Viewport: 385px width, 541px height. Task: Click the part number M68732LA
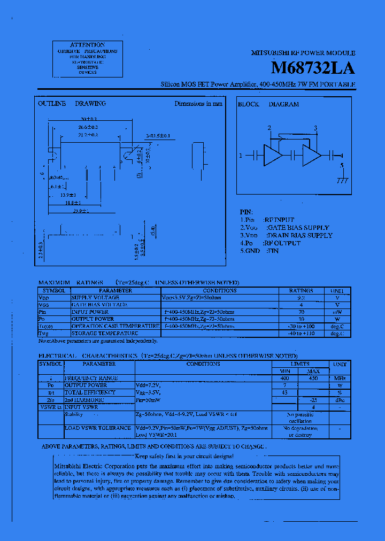313,68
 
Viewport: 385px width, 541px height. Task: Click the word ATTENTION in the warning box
88,45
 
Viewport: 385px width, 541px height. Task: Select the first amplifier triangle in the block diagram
273,156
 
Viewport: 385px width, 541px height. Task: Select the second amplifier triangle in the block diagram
311,156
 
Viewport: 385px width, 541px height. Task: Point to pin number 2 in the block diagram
269,128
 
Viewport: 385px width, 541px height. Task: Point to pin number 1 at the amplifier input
241,156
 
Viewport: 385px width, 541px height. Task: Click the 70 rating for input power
301,312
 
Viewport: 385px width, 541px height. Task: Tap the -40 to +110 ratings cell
301,333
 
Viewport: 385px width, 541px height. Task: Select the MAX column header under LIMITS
313,371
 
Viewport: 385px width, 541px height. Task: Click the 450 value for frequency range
313,378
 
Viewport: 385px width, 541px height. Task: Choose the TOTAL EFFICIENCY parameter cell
90,392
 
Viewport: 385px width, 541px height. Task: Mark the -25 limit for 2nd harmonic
313,400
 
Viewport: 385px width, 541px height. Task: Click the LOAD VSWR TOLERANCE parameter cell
98,428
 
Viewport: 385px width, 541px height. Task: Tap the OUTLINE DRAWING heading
72,104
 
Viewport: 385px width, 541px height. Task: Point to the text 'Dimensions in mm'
198,104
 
